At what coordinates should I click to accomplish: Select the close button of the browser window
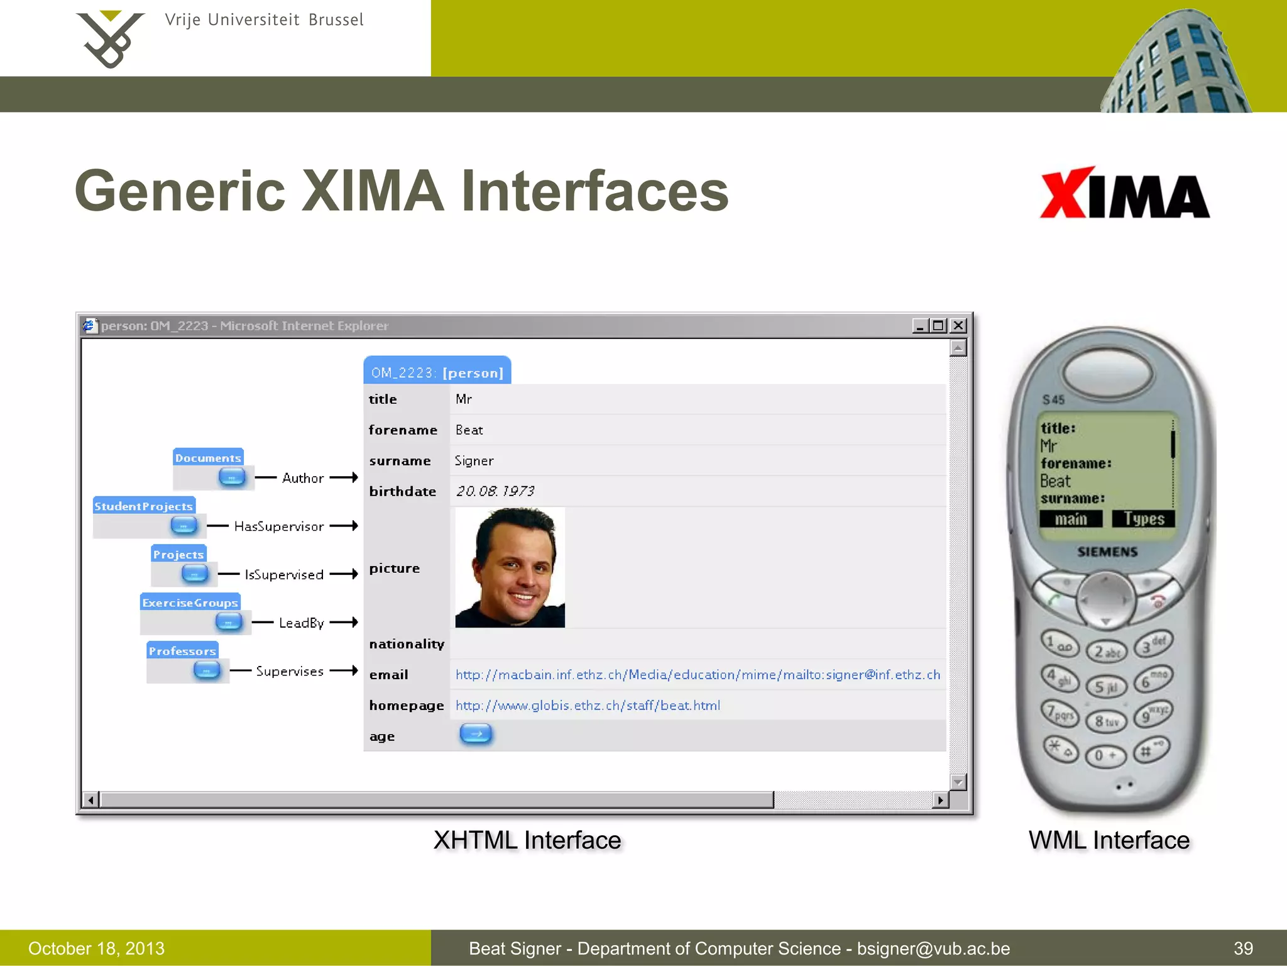[958, 325]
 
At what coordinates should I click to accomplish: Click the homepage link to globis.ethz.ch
[588, 706]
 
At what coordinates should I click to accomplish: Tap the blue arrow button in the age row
[476, 734]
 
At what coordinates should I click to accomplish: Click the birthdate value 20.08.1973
[495, 491]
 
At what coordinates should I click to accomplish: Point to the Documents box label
[208, 458]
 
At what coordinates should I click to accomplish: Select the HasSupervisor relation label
[279, 526]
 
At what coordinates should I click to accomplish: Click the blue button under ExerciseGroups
[228, 622]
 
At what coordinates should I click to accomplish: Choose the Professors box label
[182, 651]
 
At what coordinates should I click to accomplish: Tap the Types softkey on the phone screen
[1143, 519]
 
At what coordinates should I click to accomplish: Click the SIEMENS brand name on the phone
[1107, 552]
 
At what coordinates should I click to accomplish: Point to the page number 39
[1243, 948]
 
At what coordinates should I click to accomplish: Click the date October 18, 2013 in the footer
[96, 948]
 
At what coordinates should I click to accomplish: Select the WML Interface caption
[1109, 840]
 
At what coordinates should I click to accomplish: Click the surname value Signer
[474, 461]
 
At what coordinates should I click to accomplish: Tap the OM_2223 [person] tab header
[437, 372]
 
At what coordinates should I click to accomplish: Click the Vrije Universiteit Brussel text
[264, 20]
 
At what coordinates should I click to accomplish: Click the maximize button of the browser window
[938, 325]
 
